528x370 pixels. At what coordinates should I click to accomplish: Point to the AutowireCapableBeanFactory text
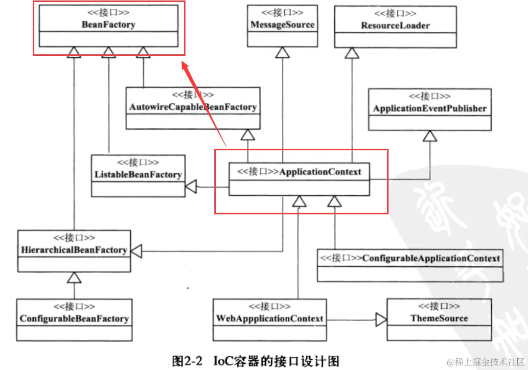click(193, 107)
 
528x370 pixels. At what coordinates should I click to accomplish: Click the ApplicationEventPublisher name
click(430, 109)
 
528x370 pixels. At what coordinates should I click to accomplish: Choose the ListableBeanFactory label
click(138, 174)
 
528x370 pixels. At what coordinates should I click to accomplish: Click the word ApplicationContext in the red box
click(320, 171)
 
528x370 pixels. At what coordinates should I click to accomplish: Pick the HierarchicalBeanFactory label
click(74, 250)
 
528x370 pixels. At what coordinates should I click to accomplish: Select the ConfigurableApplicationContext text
click(431, 258)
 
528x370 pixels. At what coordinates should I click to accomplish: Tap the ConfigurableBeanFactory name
click(74, 319)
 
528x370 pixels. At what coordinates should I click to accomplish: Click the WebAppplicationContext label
click(270, 319)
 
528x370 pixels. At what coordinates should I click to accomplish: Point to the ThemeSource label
click(439, 318)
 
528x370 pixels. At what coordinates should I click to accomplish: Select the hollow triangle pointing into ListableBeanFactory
click(190, 186)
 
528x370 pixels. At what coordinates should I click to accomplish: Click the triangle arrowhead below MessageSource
click(282, 52)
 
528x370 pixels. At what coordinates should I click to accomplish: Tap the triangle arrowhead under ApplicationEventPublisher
click(430, 136)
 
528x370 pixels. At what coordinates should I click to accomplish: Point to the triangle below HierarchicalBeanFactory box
click(74, 277)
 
